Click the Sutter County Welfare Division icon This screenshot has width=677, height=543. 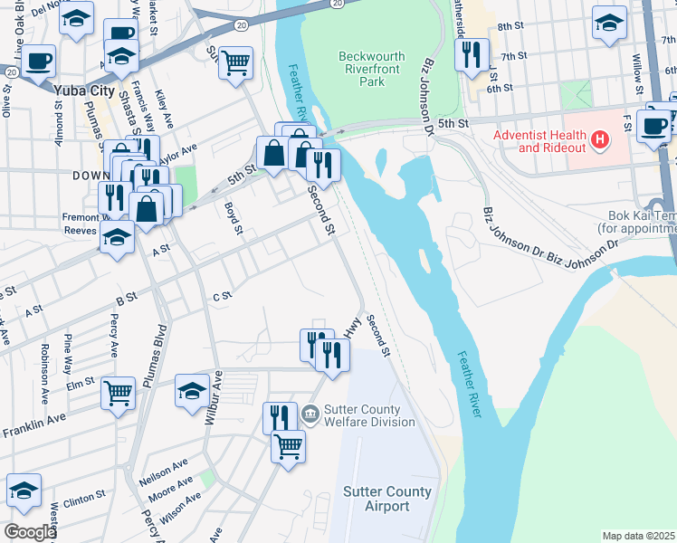[x=310, y=414]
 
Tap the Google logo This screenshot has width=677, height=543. [x=30, y=531]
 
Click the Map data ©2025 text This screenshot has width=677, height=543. [x=638, y=536]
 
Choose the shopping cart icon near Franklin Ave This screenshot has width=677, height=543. [x=118, y=393]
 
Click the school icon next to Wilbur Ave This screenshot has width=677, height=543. [x=192, y=391]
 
